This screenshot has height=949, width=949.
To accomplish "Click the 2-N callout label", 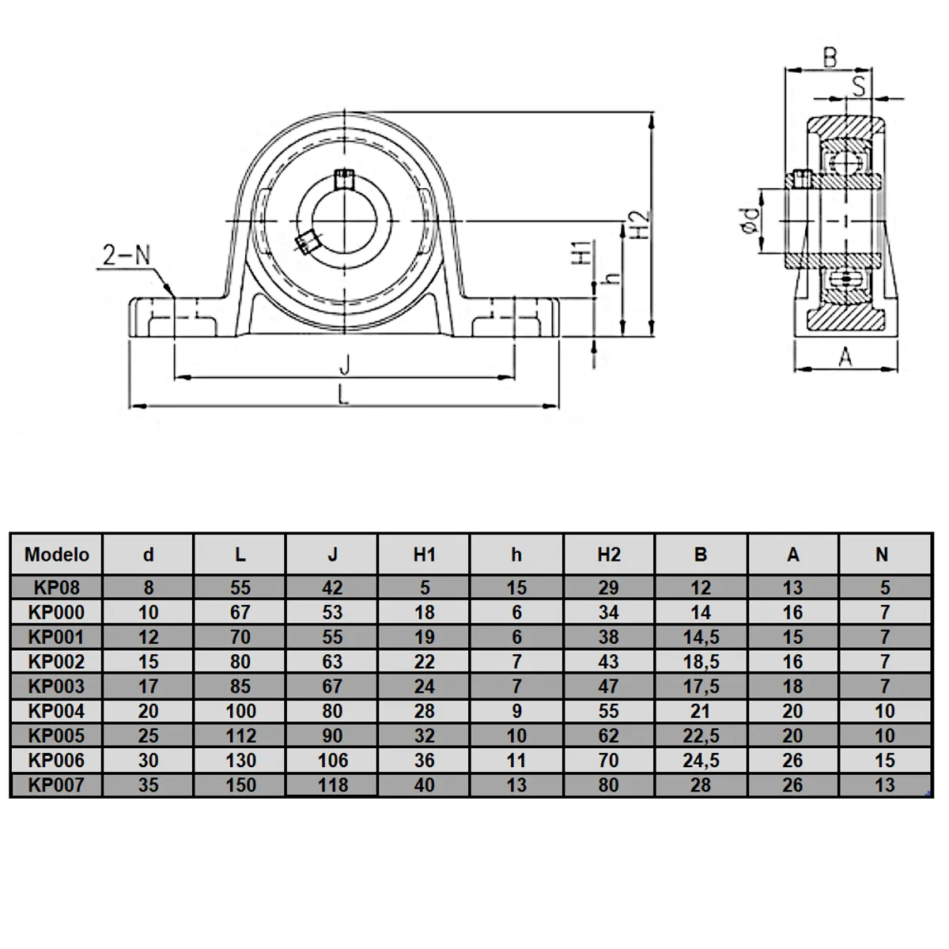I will (127, 255).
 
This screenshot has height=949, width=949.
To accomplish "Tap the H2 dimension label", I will (641, 225).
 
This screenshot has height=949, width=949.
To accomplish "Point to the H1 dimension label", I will (581, 253).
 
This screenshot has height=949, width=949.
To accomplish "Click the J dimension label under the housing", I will (344, 365).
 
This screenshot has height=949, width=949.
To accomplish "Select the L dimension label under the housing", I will (343, 395).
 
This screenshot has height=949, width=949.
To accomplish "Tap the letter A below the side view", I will (845, 357).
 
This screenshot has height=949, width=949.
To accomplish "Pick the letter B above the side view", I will (830, 58).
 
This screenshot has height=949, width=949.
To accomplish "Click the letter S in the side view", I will (859, 85).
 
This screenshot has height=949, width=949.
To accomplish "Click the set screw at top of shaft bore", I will (343, 179).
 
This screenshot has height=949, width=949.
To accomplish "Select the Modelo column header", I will (57, 554).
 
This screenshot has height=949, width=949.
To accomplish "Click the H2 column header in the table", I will (608, 554).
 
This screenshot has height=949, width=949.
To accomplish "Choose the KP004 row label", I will (56, 711).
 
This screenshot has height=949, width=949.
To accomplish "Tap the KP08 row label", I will (56, 588).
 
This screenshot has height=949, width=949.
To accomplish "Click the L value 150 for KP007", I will (240, 785).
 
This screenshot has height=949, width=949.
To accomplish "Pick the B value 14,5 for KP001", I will (701, 637).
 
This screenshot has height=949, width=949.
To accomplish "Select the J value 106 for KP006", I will (332, 761).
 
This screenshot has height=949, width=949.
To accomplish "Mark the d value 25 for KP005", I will (149, 735).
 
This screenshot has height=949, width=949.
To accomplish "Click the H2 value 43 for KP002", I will (608, 662).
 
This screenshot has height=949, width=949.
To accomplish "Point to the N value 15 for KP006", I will (884, 761).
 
